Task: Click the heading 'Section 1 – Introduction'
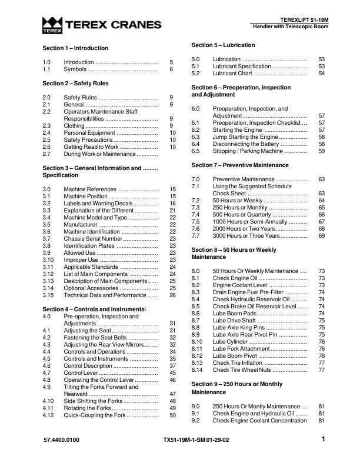pos(75,48)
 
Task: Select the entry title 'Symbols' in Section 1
pos(74,69)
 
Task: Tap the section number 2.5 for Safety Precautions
pos(47,139)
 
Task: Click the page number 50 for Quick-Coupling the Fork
pos(172,415)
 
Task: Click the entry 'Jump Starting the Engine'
pos(245,137)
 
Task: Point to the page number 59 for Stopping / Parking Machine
pos(322,151)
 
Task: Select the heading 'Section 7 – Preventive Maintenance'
pos(240,165)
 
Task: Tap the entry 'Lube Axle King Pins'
pos(239,327)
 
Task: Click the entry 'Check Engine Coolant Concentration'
pos(259,421)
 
